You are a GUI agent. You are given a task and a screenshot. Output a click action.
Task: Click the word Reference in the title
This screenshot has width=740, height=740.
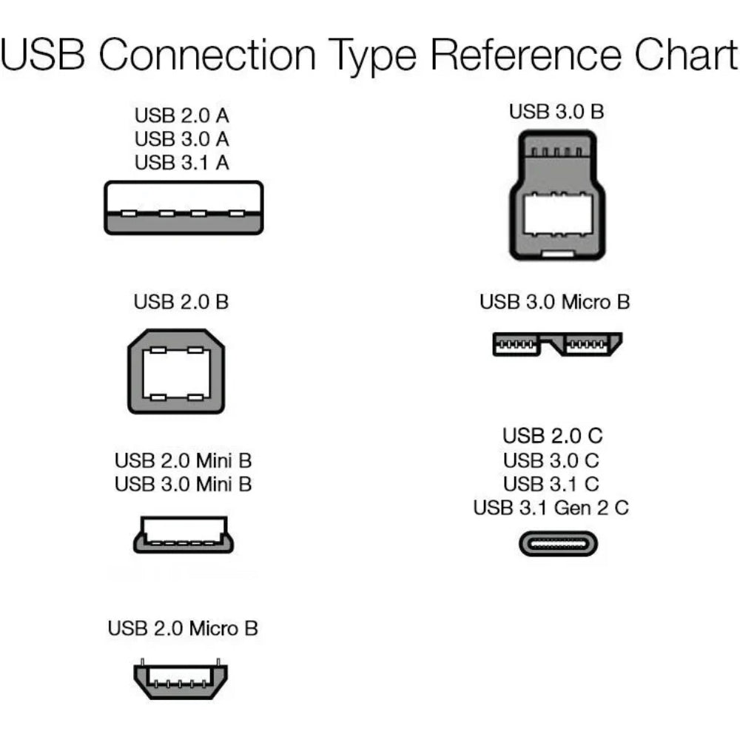point(525,55)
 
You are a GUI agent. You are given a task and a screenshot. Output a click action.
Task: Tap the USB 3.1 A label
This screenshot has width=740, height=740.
point(182,163)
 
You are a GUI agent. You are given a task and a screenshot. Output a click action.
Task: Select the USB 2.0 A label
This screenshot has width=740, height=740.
point(182,115)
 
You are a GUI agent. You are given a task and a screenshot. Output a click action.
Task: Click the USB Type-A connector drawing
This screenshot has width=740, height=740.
point(184,208)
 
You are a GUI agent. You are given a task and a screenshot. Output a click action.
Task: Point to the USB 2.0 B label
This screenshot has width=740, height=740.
point(181,302)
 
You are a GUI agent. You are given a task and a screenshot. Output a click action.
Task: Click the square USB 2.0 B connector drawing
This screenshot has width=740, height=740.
point(177,371)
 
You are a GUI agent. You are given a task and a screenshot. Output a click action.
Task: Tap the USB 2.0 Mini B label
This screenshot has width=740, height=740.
point(183,460)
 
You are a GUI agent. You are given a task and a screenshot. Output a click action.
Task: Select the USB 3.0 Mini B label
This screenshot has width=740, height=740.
point(183,484)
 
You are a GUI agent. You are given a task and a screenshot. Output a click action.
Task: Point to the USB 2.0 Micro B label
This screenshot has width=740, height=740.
point(183,629)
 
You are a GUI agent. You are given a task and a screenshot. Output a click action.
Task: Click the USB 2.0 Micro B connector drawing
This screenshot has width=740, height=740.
point(181,679)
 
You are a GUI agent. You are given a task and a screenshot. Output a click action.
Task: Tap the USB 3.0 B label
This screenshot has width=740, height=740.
point(556,112)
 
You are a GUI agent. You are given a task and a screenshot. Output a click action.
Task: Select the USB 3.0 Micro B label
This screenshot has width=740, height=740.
point(555,302)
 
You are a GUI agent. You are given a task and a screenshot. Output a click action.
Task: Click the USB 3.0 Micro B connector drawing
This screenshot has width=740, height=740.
point(557,344)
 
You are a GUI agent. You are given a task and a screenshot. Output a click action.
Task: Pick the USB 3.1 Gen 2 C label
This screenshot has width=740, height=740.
point(551,508)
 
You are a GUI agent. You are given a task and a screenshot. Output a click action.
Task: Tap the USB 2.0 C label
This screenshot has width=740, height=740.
point(552,437)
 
